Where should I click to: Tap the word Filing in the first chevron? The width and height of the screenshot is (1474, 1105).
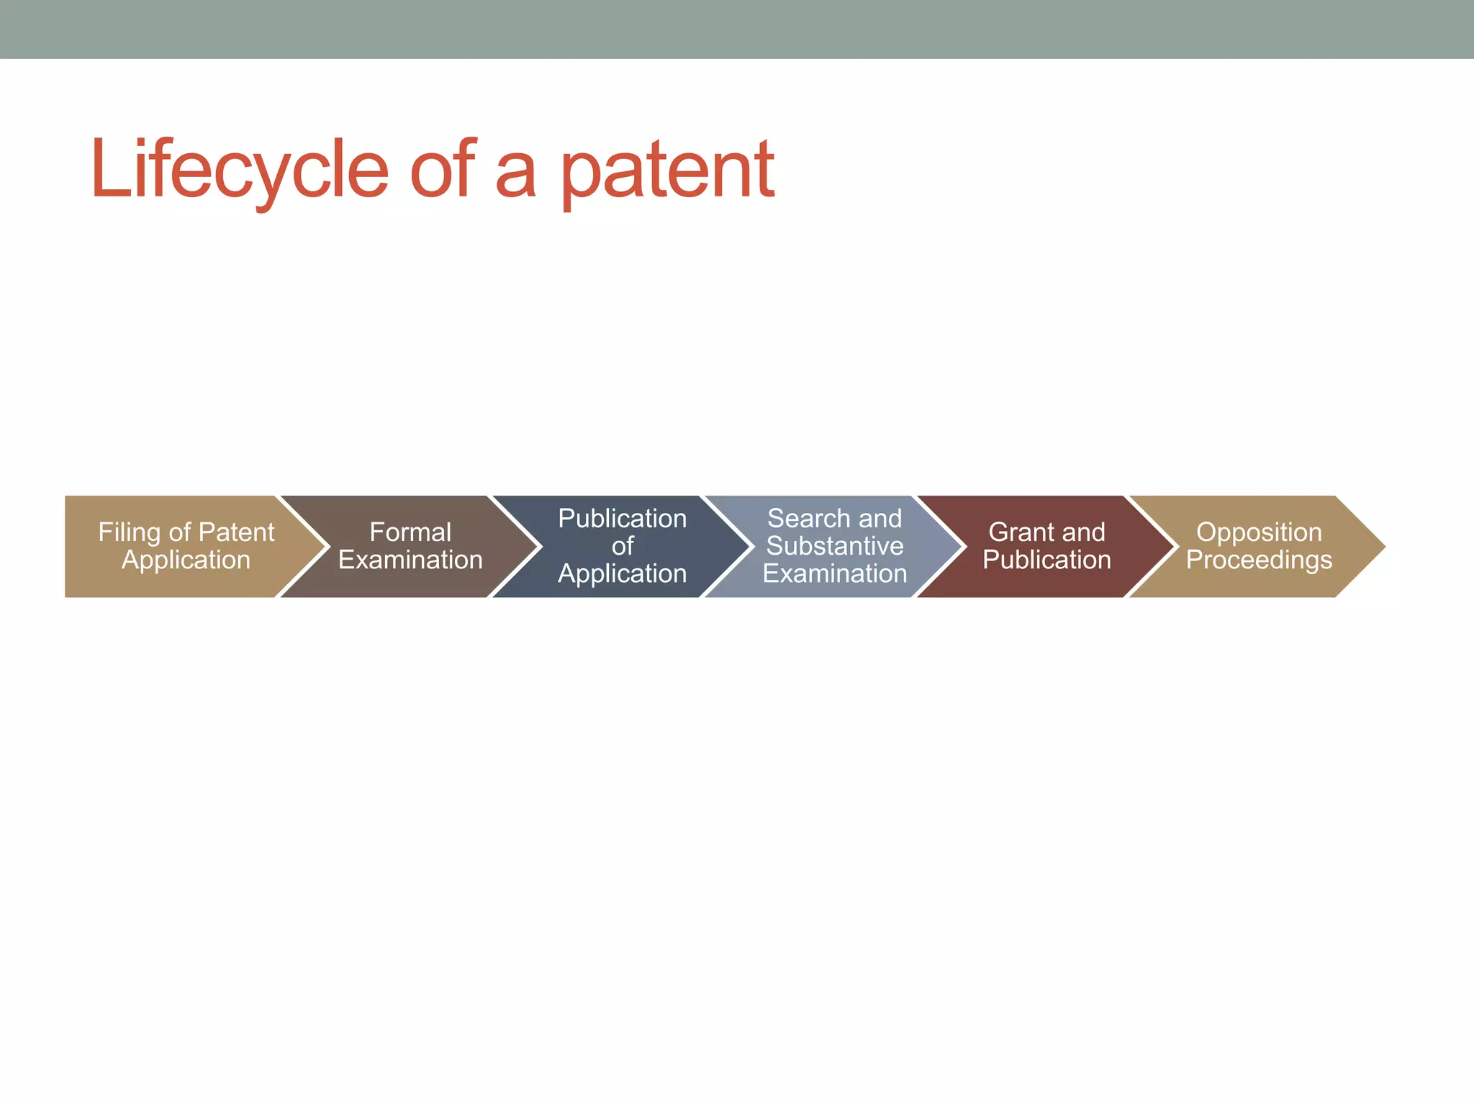[129, 532]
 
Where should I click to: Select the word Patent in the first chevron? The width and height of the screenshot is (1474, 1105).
[236, 532]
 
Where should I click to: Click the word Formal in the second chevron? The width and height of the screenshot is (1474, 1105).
[410, 532]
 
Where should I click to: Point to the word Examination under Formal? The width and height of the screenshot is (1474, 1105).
[410, 560]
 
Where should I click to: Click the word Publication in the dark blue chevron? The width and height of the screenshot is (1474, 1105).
[622, 519]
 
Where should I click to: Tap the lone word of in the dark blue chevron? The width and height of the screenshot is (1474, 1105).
[622, 546]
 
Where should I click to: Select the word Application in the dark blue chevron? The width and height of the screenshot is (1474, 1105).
[622, 573]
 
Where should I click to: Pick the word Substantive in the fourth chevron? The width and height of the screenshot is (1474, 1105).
[834, 546]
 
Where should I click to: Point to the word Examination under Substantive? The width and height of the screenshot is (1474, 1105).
[834, 573]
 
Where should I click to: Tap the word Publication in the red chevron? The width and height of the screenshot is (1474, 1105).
[1046, 560]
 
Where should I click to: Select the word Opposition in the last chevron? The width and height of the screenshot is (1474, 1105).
[1259, 532]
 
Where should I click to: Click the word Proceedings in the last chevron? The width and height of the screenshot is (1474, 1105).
[1259, 560]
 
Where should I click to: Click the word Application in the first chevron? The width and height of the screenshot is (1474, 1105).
[186, 560]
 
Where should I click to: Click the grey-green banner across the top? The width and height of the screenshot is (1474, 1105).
[737, 29]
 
